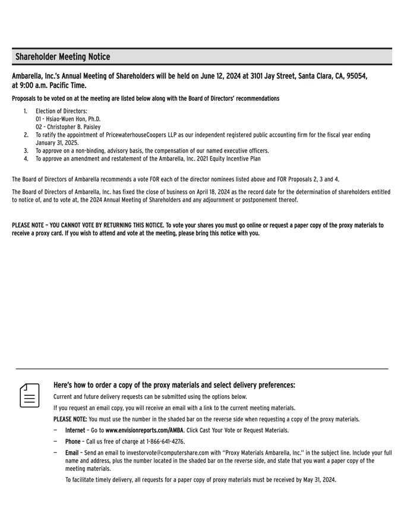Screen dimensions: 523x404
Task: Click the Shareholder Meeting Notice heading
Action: (63, 57)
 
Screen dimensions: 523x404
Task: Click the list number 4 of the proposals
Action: (26, 159)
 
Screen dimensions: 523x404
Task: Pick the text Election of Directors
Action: (61, 111)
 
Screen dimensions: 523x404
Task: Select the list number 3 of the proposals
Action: (26, 151)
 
